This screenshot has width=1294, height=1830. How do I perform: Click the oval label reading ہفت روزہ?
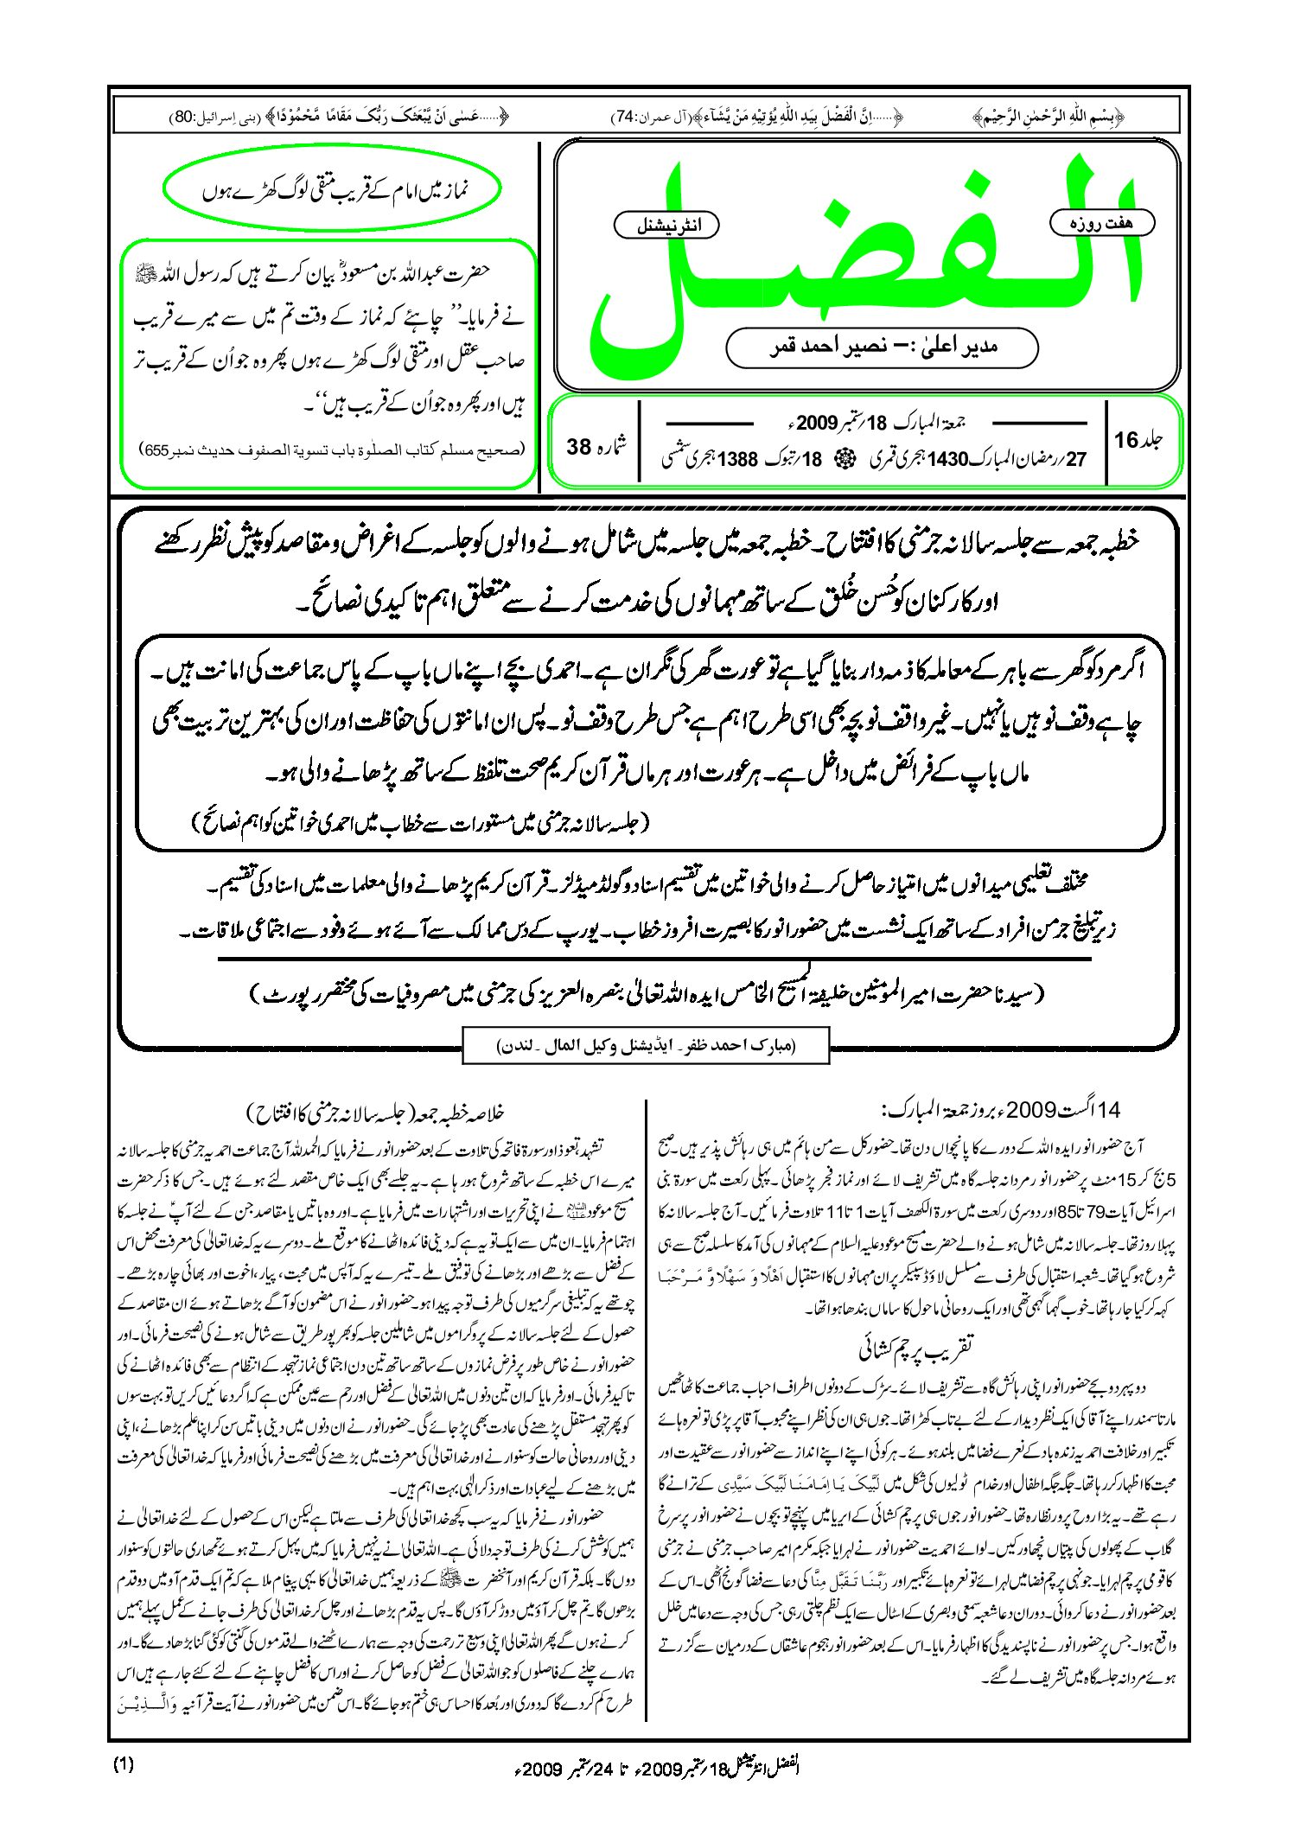click(x=1102, y=223)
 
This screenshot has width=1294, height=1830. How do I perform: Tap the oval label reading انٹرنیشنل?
click(x=666, y=226)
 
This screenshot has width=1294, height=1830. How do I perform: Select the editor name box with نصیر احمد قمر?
click(x=882, y=348)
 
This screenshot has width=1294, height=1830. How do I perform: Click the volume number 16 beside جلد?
click(x=1126, y=440)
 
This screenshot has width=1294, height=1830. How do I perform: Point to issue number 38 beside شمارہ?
click(x=578, y=447)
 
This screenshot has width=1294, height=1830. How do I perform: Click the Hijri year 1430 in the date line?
click(x=947, y=459)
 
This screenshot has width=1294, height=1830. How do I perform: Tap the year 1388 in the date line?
click(x=737, y=459)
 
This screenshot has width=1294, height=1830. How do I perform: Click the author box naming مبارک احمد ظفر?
click(x=646, y=1045)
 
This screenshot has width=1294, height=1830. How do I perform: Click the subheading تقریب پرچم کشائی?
click(x=916, y=1345)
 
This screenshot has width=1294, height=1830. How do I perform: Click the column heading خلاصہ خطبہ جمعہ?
click(x=375, y=1112)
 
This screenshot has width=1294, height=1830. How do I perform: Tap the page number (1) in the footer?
click(x=124, y=1764)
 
